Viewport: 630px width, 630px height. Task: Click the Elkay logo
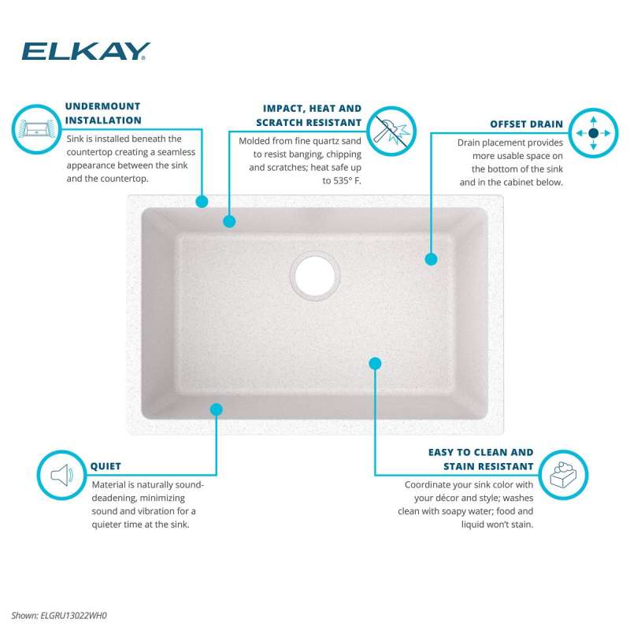[86, 51]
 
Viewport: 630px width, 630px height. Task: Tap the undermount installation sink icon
[36, 129]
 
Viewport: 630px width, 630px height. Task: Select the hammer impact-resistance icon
[391, 131]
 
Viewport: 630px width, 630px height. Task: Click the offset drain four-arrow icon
[593, 133]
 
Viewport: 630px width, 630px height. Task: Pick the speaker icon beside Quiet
[61, 475]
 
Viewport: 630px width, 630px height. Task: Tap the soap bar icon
[563, 475]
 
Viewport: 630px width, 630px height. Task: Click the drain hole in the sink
[315, 276]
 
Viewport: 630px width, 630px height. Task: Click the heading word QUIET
[106, 466]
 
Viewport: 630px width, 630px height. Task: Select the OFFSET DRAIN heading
[526, 124]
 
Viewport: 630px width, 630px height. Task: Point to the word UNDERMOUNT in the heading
[103, 106]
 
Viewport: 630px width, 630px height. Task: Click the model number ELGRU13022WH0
[73, 615]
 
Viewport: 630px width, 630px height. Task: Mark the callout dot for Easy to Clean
[375, 364]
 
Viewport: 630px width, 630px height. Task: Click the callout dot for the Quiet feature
[216, 409]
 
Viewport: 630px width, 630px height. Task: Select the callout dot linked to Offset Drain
[431, 259]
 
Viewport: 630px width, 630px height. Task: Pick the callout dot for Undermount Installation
[202, 202]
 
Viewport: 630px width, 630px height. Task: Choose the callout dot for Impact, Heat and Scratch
[229, 221]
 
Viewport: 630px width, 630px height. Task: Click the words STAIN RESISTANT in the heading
[488, 466]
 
